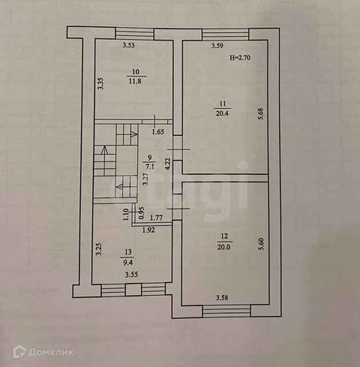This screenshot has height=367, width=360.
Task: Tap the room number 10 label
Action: pos(136,72)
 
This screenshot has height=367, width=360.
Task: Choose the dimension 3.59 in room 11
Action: pos(217,46)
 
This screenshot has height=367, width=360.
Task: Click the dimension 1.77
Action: pos(156,218)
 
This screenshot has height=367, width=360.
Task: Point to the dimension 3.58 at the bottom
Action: pos(222,297)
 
